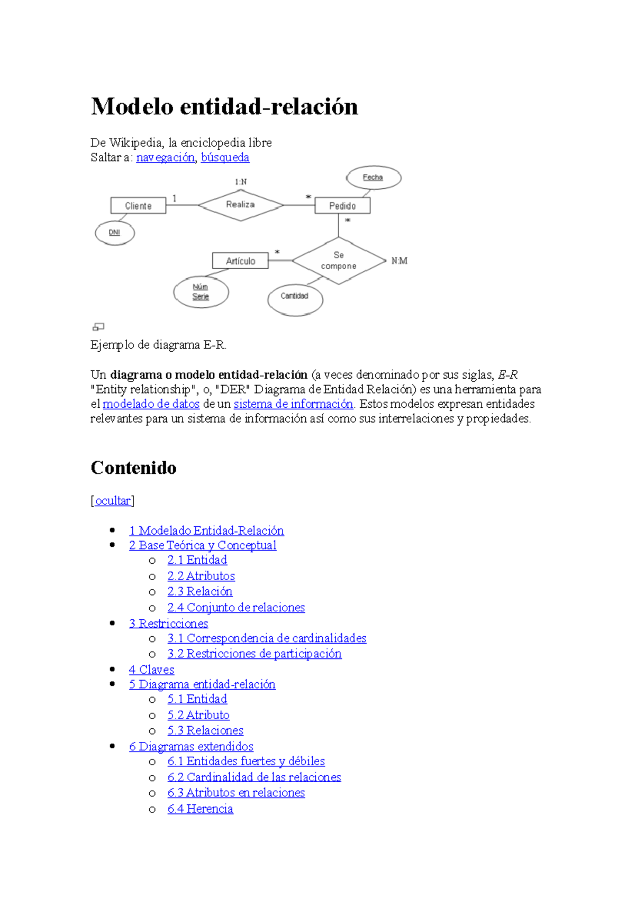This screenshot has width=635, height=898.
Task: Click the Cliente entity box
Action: (x=138, y=206)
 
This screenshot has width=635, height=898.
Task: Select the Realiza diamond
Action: (x=241, y=205)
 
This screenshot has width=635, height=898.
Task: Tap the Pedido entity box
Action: (x=342, y=206)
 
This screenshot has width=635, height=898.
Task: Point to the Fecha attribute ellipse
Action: (x=373, y=178)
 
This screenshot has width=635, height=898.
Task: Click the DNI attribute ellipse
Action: (x=115, y=233)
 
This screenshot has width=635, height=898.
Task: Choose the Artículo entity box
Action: (x=240, y=261)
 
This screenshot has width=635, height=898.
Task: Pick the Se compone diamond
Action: (x=339, y=261)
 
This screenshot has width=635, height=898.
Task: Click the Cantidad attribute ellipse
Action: (x=295, y=296)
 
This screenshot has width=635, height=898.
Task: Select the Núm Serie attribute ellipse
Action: (x=201, y=292)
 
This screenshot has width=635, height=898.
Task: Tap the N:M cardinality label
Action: (x=400, y=261)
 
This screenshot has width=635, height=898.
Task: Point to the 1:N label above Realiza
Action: (x=241, y=182)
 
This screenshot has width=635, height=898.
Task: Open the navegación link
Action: (x=166, y=158)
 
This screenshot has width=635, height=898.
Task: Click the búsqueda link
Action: (x=225, y=158)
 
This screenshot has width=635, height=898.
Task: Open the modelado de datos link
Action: (x=151, y=404)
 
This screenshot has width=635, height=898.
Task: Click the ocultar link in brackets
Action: (x=113, y=501)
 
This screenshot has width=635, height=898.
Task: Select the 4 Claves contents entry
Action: (x=151, y=670)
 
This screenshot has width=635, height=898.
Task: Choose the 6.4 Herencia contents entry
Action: (x=200, y=809)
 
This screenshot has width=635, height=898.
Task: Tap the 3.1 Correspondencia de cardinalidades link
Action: (x=267, y=638)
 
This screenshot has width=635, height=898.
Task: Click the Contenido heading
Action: (x=133, y=468)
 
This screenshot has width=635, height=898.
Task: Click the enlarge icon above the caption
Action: (x=98, y=327)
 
